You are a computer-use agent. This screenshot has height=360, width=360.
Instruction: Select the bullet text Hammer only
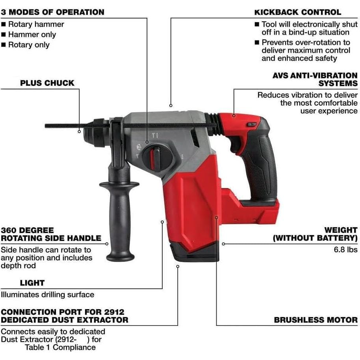pos(32,34)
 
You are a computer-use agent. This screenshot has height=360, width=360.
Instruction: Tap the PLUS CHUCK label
pos(47,83)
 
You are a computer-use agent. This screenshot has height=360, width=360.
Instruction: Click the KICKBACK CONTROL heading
pos(298,12)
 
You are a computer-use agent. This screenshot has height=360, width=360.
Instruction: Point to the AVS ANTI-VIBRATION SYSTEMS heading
pos(315,79)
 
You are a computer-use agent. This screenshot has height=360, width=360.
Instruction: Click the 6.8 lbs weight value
pos(345,249)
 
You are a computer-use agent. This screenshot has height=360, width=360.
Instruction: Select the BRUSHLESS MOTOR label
pos(316,320)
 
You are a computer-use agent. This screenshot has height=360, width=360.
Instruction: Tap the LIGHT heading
pos(32,283)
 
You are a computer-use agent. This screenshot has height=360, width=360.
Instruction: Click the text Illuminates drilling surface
pos(47,294)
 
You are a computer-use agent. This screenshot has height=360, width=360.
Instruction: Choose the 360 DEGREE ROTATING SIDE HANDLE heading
pos(51,234)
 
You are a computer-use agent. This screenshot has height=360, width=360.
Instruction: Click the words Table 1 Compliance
pos(60,347)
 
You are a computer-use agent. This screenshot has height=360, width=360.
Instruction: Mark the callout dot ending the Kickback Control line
pos(171,105)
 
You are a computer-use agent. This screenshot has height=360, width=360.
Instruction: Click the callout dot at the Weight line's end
pos(223,244)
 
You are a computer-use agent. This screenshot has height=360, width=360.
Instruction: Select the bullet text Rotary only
pos(29,45)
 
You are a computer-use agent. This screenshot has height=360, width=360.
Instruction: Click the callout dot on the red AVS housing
pos(234,115)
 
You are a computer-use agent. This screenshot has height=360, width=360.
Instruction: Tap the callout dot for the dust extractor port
pos(178,267)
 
